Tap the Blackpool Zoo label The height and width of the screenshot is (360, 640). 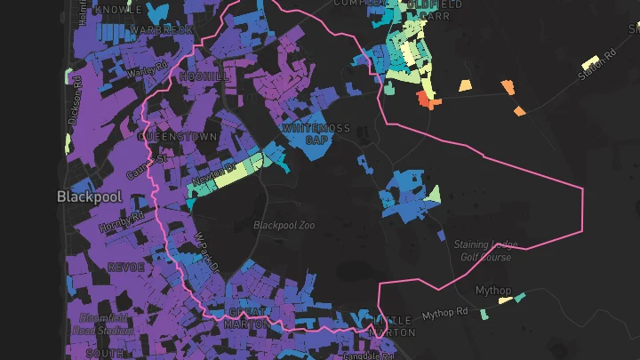coord(284,225)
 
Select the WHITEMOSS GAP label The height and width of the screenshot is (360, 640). coord(310,134)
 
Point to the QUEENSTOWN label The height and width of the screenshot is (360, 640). coord(177,138)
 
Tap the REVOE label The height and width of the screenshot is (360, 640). coord(125,267)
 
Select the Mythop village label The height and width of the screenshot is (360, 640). coord(492,291)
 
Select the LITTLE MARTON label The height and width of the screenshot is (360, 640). coord(392,325)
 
